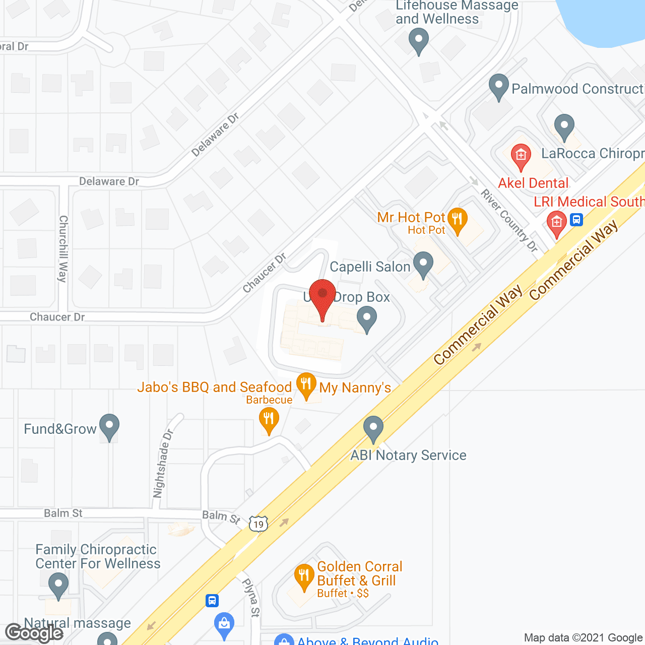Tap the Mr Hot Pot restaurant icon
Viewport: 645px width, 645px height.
(457, 220)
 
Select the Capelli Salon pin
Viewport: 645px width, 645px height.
(423, 265)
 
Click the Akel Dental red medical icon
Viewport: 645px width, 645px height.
(521, 156)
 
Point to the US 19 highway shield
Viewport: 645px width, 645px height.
(258, 524)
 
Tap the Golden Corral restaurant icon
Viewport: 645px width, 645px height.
(303, 577)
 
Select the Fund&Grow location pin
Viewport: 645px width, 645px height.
(109, 427)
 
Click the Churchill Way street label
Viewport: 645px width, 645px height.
(63, 249)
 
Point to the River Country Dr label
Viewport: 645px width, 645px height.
(509, 220)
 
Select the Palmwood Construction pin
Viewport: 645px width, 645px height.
(498, 86)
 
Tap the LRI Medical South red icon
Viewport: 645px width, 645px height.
(556, 224)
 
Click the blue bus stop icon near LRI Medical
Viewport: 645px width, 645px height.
(577, 219)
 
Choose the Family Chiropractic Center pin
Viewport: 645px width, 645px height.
(58, 587)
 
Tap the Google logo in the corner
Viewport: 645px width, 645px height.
(34, 633)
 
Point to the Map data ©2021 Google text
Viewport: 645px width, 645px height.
(584, 638)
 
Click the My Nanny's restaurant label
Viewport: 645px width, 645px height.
(355, 388)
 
